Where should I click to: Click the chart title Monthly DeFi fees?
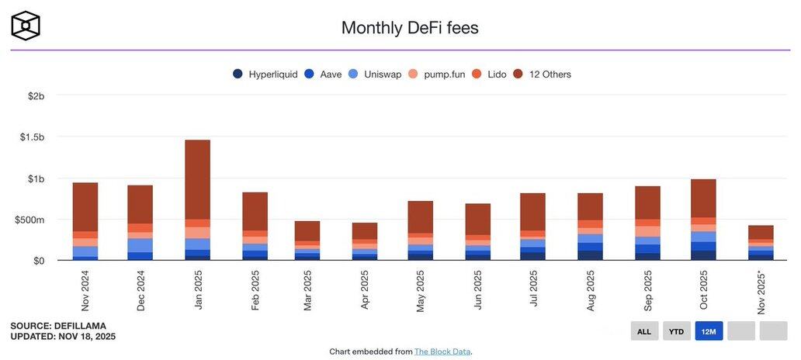point(410,28)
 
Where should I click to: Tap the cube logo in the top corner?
point(26,26)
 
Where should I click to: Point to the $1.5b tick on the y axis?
point(32,137)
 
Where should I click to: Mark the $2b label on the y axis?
point(36,95)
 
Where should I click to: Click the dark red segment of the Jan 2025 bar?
point(197,178)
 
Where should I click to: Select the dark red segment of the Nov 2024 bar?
point(85,206)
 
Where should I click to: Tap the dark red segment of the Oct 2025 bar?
point(703,198)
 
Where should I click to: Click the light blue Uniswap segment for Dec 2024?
point(140,245)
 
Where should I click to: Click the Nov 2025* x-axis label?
point(761,292)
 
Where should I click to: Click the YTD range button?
point(677,331)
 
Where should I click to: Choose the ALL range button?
point(644,331)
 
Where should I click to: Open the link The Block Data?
point(442,351)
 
